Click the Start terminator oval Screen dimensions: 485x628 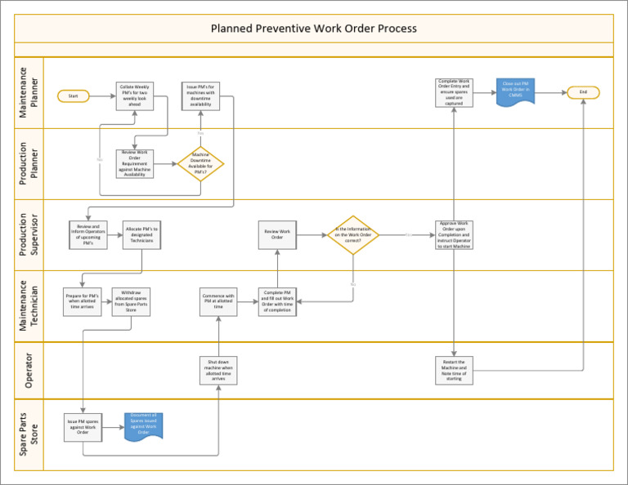(x=73, y=96)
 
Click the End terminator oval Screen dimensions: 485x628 (x=583, y=92)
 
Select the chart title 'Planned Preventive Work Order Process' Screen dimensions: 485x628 (x=314, y=29)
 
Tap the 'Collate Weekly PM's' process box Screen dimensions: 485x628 (x=134, y=95)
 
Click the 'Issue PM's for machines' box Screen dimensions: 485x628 (x=200, y=96)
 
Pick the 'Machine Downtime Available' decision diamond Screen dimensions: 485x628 (x=200, y=163)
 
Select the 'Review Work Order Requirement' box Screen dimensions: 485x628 (x=134, y=163)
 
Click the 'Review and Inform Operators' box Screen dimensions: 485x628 (x=87, y=234)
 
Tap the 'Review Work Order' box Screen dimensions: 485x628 (x=277, y=234)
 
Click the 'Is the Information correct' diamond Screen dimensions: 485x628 (x=353, y=235)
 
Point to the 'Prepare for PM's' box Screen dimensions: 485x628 (x=82, y=300)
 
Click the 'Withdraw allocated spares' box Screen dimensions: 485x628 (x=131, y=300)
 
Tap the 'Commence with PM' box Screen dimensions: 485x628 (x=218, y=300)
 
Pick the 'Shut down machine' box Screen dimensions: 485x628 (x=218, y=370)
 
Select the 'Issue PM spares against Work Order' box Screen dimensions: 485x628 (x=83, y=425)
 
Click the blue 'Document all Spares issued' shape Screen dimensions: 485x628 (x=143, y=424)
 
